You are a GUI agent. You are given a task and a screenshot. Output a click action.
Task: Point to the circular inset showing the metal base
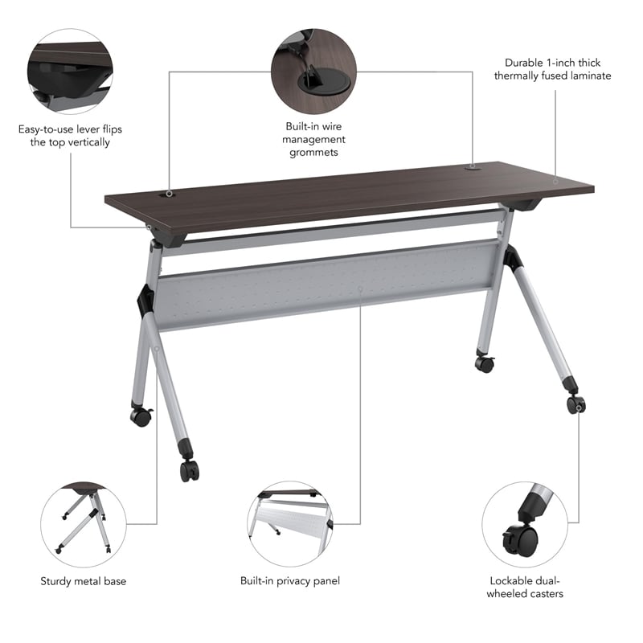84,522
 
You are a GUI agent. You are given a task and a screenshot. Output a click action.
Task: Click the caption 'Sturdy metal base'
84,580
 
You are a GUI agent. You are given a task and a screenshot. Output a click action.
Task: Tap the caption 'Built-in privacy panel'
289,580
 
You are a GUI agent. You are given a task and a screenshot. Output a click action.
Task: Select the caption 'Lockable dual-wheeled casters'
526,587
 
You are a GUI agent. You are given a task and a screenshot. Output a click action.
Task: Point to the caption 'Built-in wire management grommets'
315,139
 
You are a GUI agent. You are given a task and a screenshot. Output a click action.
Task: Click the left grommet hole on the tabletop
170,194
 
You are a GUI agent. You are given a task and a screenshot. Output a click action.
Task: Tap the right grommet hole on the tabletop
472,169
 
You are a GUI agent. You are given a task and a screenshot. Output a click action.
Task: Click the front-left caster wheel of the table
190,471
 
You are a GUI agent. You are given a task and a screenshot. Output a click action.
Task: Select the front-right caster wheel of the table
575,404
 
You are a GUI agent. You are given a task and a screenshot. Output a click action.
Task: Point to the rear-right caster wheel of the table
484,363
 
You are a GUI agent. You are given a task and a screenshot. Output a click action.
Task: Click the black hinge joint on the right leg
512,258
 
